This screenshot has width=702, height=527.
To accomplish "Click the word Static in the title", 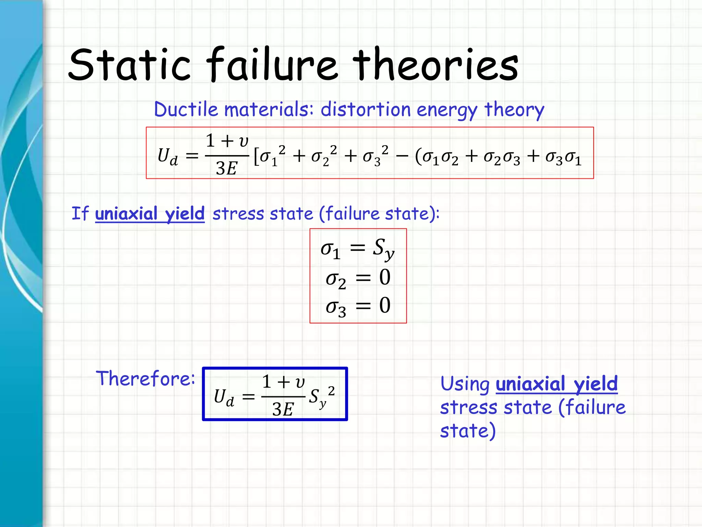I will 129,65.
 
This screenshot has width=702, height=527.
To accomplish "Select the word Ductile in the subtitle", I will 186,110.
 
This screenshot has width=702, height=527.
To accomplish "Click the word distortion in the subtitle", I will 365,110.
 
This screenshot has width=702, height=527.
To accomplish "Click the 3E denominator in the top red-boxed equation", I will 226,168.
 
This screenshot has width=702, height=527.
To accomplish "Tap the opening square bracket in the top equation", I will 256,157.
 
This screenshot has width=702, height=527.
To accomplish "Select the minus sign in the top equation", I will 402,156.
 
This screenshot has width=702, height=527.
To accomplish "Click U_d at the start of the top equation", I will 168,156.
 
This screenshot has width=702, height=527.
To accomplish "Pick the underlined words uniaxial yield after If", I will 150,214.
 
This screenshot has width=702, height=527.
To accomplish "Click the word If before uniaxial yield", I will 80,213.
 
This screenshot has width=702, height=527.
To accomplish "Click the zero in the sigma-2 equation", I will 385,277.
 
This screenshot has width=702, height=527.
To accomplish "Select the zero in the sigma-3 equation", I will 385,305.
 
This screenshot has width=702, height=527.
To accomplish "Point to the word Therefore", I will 145,378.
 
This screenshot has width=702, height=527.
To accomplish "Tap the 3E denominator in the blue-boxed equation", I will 283,409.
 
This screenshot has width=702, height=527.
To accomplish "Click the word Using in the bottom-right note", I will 465,384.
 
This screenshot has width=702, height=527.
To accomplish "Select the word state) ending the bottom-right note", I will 468,431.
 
